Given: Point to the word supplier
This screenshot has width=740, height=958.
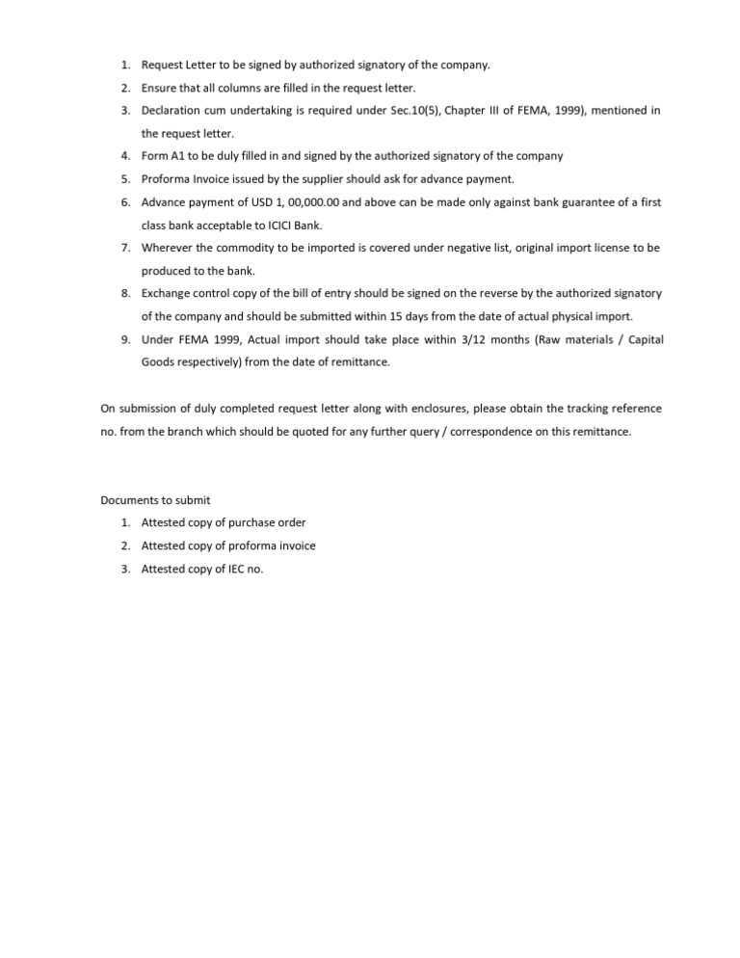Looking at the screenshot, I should click(x=337, y=178).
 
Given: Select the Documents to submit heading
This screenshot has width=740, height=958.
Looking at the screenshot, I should click(x=155, y=500).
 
